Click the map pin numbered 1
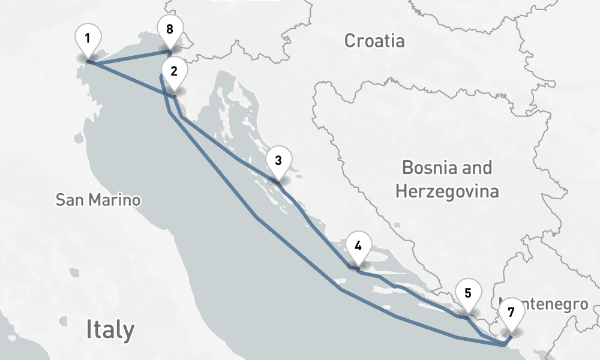point(88,41)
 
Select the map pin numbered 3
point(278,162)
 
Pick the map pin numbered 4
point(358,248)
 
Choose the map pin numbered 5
point(468,295)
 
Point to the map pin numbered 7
point(511,314)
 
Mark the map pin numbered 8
point(170,30)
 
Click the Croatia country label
point(374,41)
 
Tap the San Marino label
point(98,200)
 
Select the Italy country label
point(110,329)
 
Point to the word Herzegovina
point(447,192)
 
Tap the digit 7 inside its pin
point(511,313)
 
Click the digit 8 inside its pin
point(170,29)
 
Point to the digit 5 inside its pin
point(468,294)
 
